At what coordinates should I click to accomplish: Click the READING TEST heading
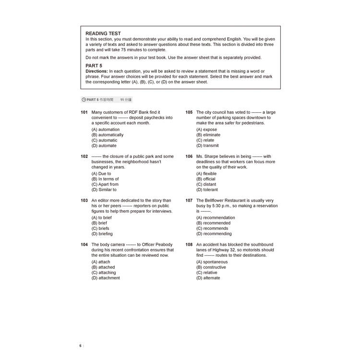coord(103,34)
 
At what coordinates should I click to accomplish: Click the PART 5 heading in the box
coord(94,65)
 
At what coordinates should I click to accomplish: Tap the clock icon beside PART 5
coord(84,100)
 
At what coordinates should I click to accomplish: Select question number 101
coord(84,112)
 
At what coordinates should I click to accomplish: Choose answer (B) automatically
coord(107,135)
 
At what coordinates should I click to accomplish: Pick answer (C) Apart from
coord(105,184)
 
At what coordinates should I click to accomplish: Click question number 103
coord(84,201)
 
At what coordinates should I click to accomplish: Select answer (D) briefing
coord(102,234)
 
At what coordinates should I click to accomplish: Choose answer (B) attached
coord(103,267)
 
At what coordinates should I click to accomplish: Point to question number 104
coord(84,245)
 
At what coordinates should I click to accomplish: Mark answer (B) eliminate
coord(208,135)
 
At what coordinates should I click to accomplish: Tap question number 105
coord(189,112)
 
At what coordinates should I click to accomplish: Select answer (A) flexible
coord(206,174)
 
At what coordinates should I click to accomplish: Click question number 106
coord(189,156)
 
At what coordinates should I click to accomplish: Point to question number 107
coord(189,201)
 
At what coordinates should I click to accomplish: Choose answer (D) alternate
coord(208,278)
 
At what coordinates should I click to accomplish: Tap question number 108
coord(189,245)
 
